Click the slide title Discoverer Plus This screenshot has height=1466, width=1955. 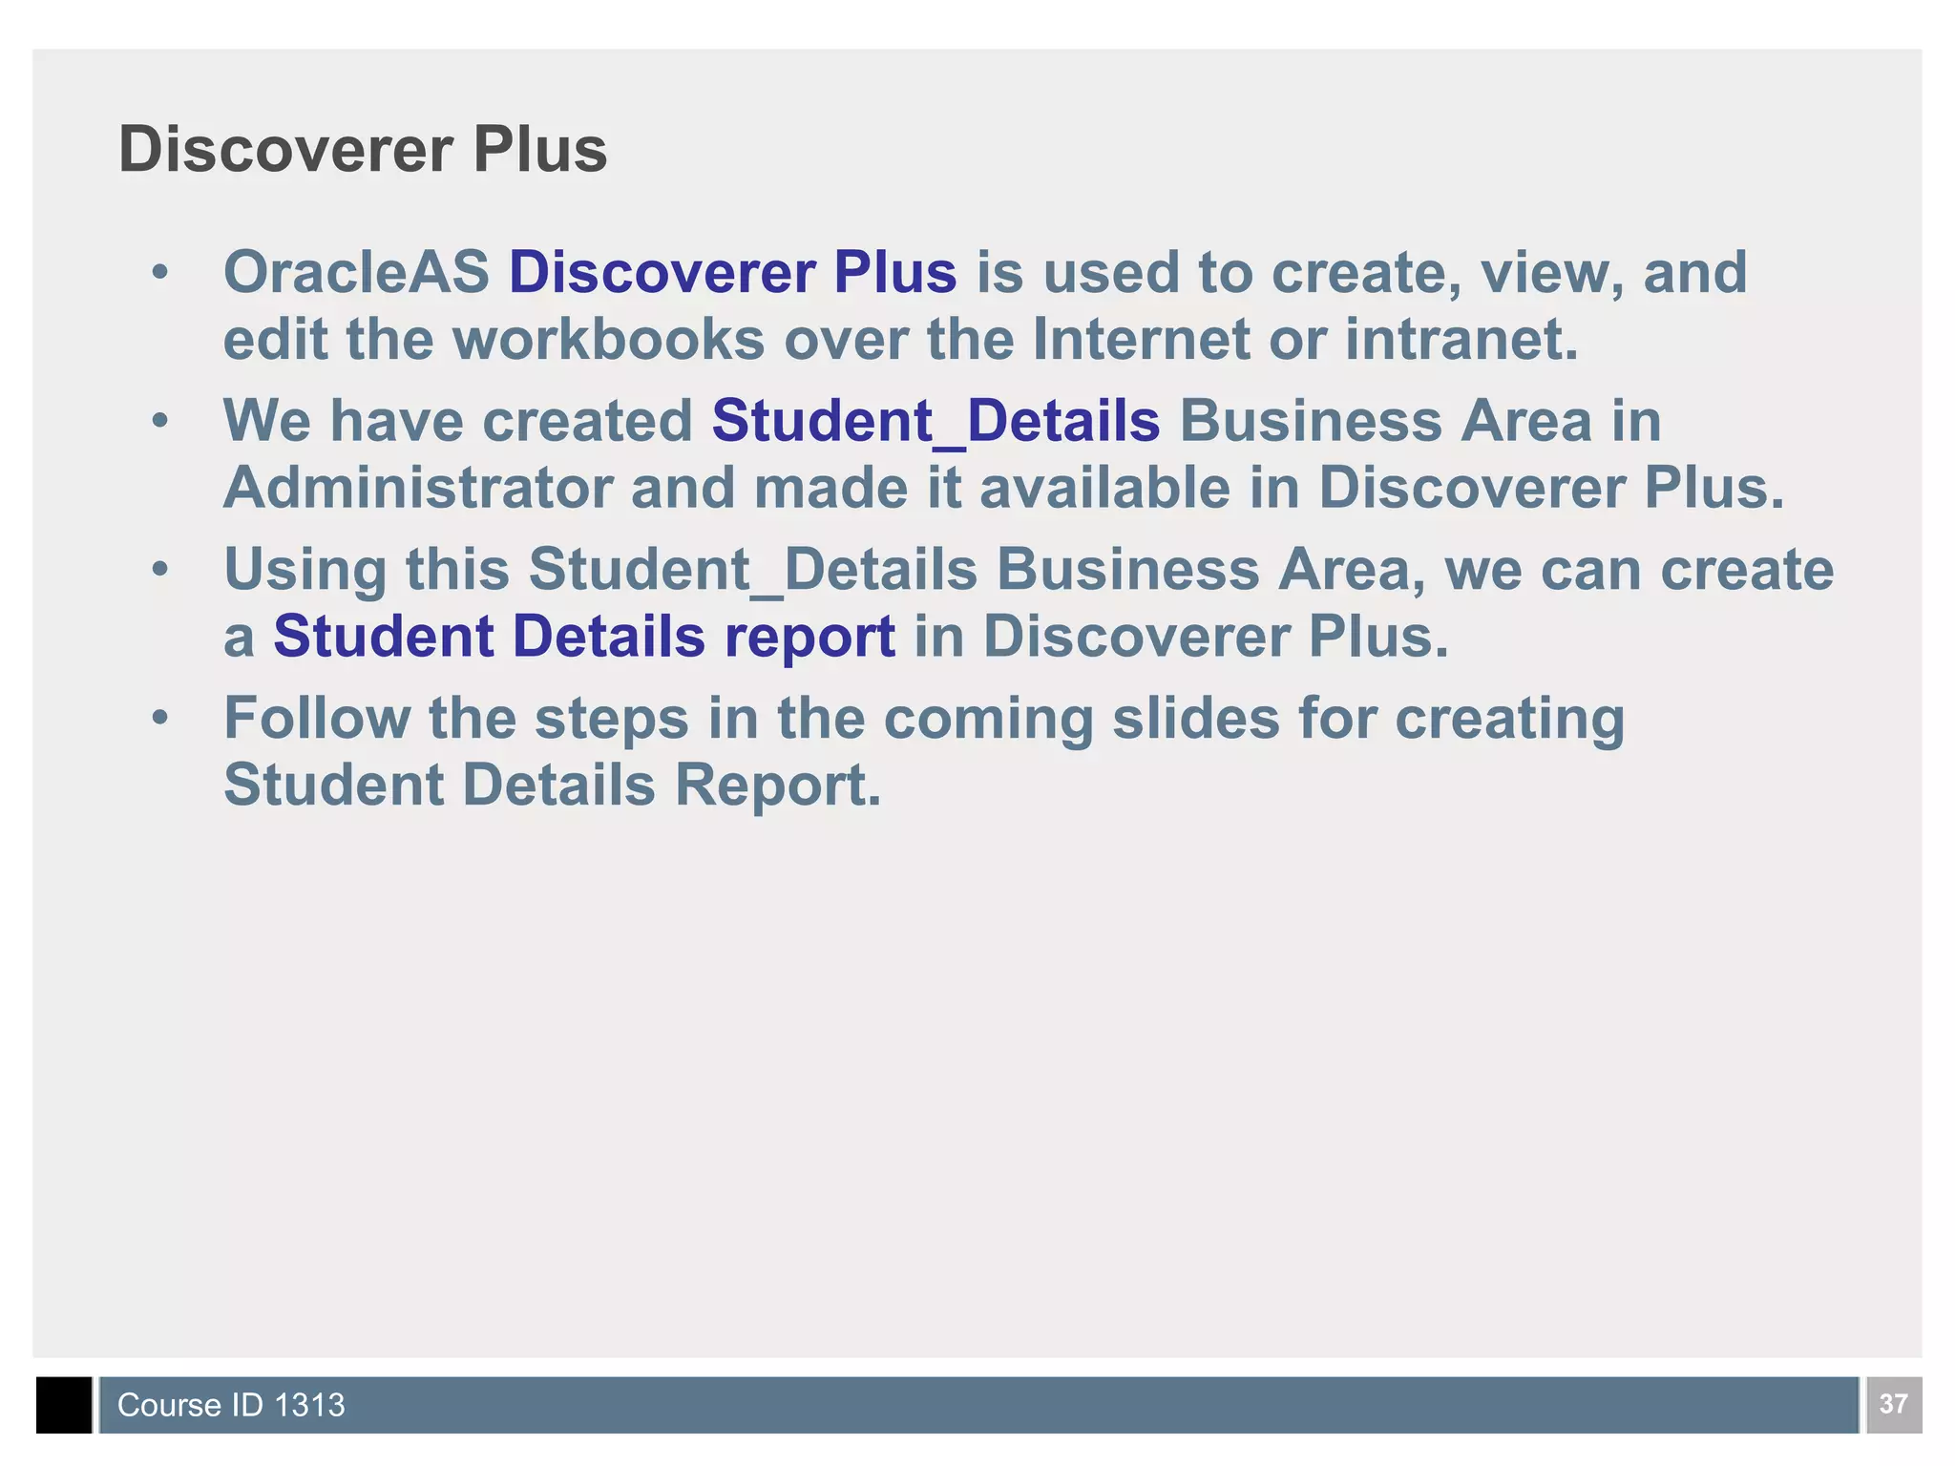click(x=362, y=150)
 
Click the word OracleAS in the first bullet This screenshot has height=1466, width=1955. click(x=355, y=272)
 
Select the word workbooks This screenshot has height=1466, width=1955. click(x=607, y=340)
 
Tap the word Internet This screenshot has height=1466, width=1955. click(x=1141, y=340)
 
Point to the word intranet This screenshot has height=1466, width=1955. click(x=1461, y=340)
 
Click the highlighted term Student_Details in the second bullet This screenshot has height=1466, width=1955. click(x=935, y=421)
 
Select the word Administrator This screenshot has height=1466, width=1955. click(x=417, y=488)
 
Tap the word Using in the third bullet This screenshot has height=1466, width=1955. click(x=305, y=571)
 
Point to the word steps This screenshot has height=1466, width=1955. click(x=611, y=720)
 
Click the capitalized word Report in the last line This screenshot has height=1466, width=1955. click(x=777, y=785)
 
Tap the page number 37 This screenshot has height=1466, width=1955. click(x=1893, y=1404)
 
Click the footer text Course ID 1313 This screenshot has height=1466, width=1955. click(x=230, y=1405)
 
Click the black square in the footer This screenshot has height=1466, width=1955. click(x=64, y=1405)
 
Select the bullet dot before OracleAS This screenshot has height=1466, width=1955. click(x=160, y=273)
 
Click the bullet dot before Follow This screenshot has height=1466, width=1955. click(x=160, y=718)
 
